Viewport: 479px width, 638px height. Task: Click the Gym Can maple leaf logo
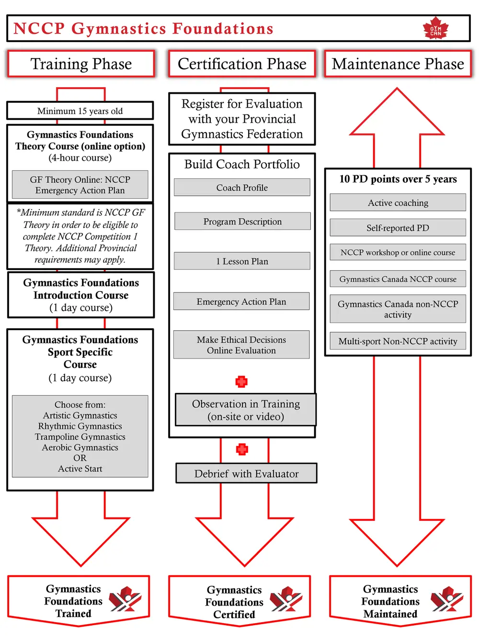[435, 29]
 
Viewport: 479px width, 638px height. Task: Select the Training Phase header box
[81, 64]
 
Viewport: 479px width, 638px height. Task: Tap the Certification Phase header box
[242, 64]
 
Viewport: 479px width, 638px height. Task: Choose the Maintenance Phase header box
[398, 64]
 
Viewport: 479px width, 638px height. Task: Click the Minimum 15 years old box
[80, 111]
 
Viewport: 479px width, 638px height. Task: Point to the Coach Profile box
[242, 188]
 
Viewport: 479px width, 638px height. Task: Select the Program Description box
[242, 222]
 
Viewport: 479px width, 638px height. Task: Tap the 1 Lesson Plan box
[242, 261]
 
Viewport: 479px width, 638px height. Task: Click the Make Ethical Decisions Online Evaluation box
[241, 345]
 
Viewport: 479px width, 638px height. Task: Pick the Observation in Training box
[246, 410]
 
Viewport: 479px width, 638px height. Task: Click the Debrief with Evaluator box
[246, 473]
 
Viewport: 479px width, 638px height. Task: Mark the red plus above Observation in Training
[241, 381]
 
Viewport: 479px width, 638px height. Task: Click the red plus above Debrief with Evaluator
[242, 449]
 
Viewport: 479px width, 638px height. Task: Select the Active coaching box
[398, 202]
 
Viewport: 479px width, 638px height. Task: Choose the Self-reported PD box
[398, 228]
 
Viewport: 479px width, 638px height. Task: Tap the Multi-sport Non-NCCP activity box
[398, 341]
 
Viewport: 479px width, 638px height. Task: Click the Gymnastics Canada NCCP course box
[398, 279]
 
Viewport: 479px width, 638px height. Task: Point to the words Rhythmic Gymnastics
[80, 426]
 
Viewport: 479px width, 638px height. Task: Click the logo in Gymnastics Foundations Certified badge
[286, 599]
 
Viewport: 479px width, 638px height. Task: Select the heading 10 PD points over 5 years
[398, 179]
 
